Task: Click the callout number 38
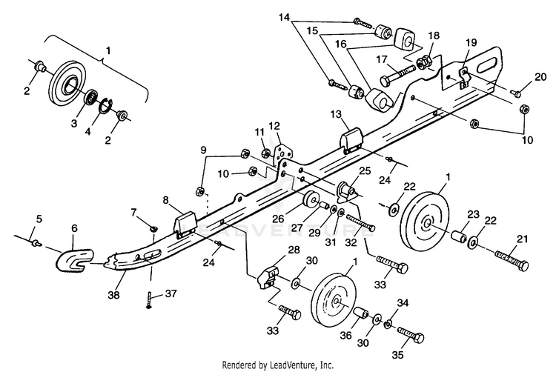(114, 294)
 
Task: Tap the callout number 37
(171, 293)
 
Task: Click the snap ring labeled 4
(105, 106)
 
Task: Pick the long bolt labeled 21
(512, 259)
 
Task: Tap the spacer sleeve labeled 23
(459, 235)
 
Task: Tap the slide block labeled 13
(352, 142)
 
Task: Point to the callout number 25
(365, 170)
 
